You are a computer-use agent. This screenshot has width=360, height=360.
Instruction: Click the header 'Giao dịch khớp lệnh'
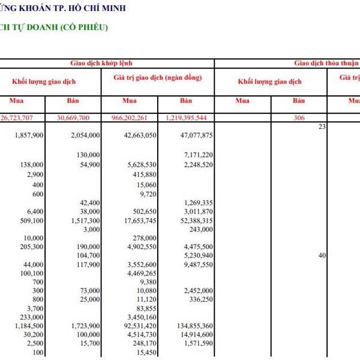pos(107,62)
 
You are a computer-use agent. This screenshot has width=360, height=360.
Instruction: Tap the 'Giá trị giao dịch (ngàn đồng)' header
pos(157,78)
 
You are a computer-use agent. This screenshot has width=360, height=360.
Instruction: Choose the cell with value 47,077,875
pos(196,136)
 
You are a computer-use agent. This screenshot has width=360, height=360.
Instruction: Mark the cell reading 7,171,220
pos(199,155)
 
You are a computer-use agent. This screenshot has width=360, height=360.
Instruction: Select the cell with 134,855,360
pos(194,326)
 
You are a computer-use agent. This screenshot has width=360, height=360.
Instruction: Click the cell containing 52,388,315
pos(196,221)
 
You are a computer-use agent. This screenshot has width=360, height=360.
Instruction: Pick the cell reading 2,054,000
pos(85,136)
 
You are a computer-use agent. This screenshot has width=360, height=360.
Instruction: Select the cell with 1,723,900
pos(85,326)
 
